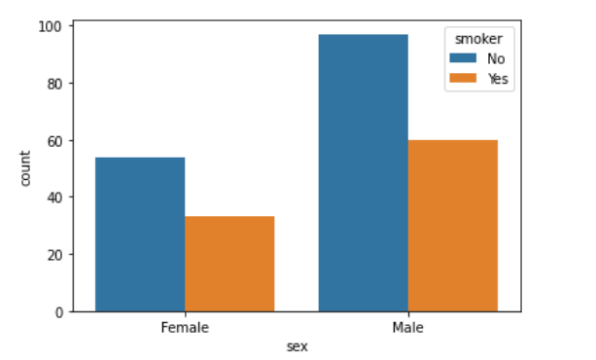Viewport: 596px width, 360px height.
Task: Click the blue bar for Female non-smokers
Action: click(x=140, y=234)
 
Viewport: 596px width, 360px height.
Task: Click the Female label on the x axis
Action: click(x=185, y=328)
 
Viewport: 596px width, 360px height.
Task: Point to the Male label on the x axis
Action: click(x=407, y=328)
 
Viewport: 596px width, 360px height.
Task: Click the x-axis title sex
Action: click(x=297, y=345)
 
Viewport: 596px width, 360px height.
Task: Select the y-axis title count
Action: click(x=24, y=167)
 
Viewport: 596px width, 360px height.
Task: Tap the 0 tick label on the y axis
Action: click(x=59, y=311)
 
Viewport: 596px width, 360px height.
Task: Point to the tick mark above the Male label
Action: click(x=407, y=314)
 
